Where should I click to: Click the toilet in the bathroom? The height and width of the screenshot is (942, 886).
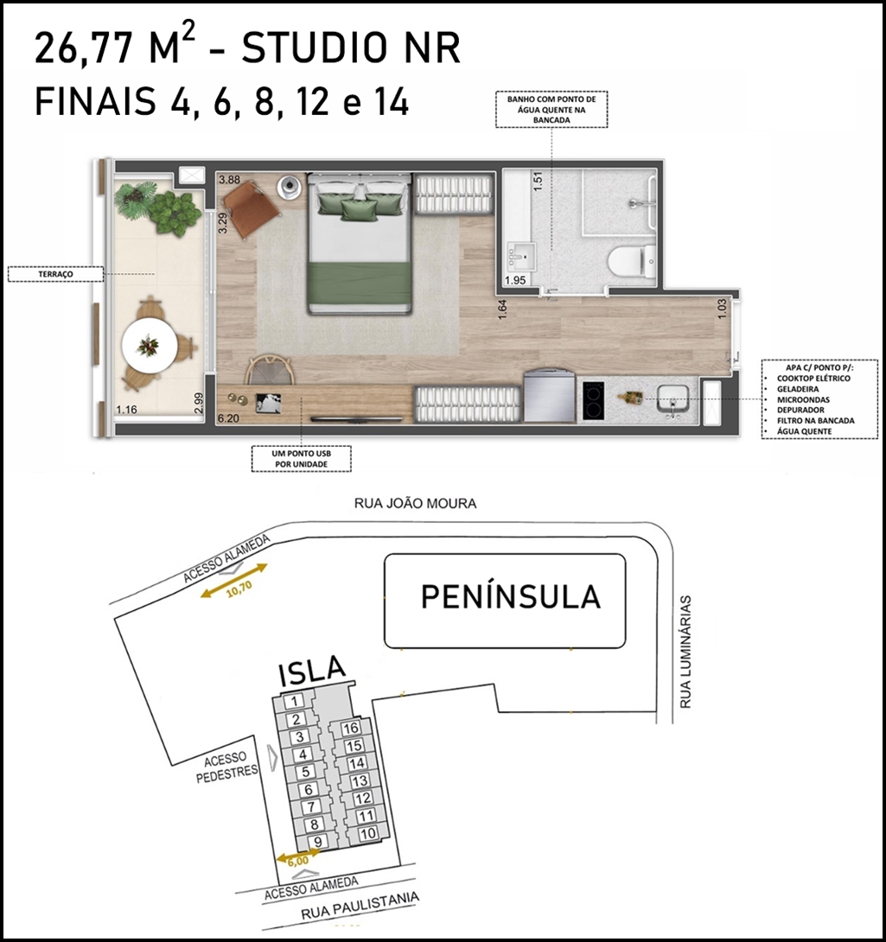[x=631, y=261]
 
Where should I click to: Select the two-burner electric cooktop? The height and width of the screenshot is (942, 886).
[x=593, y=401]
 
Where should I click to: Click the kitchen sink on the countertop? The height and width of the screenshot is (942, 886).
[x=672, y=399]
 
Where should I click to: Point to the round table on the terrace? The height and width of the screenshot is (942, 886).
[x=149, y=346]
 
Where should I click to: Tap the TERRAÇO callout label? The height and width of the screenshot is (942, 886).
[x=55, y=274]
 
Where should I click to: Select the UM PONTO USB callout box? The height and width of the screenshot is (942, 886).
[x=301, y=458]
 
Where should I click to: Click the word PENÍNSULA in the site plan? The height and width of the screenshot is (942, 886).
[x=510, y=596]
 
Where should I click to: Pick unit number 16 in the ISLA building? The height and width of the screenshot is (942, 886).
[x=350, y=729]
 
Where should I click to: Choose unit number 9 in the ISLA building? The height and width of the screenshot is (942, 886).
[x=318, y=843]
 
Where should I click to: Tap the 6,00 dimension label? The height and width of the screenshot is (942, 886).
[x=298, y=861]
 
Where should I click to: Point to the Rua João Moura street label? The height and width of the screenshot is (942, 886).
[x=416, y=504]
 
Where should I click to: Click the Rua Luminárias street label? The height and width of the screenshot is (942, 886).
[x=685, y=652]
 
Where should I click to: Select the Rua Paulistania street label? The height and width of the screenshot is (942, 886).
[x=360, y=906]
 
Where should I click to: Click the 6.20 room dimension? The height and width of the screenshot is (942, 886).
[x=228, y=417]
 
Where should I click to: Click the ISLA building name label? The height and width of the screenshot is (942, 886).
[x=313, y=671]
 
